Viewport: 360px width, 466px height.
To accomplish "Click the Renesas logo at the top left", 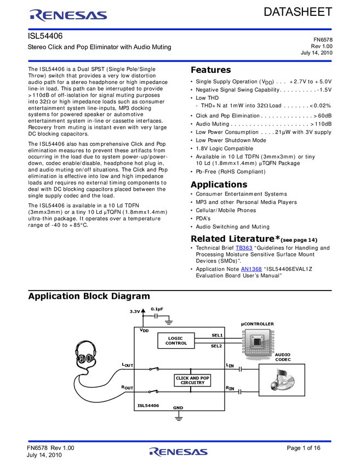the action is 68,15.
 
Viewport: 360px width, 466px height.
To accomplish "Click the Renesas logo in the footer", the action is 178,452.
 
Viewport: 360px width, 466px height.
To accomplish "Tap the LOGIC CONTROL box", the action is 176,340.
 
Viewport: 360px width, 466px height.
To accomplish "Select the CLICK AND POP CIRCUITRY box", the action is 192,380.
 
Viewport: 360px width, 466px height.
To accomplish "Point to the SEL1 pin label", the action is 216,335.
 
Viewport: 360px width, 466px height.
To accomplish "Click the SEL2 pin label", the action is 216,346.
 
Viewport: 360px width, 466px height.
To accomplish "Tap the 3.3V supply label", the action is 135,311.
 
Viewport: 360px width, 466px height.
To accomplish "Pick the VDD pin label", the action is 144,331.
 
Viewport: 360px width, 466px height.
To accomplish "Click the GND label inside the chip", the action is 178,407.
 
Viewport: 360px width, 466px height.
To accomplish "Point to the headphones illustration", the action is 85,356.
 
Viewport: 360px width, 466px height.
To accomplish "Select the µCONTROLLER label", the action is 258,324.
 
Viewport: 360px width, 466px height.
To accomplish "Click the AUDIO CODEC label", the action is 283,357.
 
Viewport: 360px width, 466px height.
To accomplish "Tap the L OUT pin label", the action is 127,365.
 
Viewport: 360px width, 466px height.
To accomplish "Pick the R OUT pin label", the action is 127,388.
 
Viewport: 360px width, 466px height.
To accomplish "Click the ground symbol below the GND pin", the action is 178,418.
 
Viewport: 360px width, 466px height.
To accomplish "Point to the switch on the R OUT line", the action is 154,391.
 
